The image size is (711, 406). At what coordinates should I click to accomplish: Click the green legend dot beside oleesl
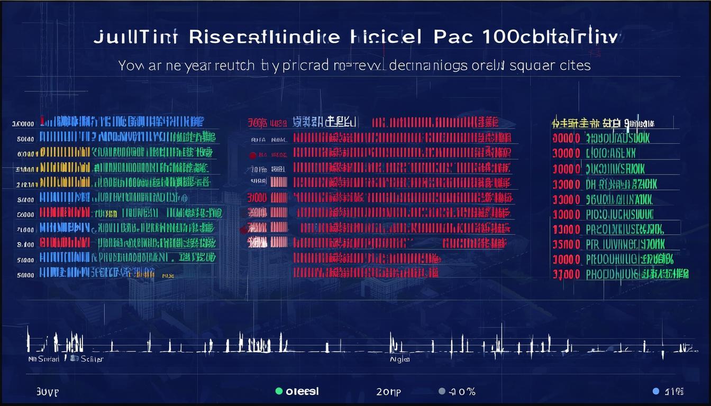click(279, 391)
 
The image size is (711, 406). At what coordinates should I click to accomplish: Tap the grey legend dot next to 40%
click(442, 392)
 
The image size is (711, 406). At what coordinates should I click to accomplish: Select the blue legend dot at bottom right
click(656, 391)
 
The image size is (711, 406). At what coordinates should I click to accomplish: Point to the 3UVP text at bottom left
click(47, 392)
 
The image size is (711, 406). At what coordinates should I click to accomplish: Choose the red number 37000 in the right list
click(567, 274)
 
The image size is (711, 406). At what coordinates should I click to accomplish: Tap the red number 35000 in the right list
click(567, 244)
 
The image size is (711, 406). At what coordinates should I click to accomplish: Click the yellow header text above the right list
click(602, 123)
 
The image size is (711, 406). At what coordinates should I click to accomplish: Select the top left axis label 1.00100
click(23, 124)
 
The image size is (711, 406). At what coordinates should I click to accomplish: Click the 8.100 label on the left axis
click(25, 245)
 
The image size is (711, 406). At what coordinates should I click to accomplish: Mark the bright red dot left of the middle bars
click(252, 155)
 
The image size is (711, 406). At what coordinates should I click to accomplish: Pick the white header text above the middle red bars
click(324, 122)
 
